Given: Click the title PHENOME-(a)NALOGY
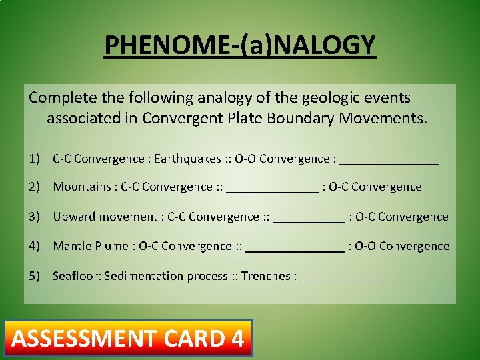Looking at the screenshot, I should (240, 45).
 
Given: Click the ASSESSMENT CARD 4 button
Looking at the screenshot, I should (128, 339).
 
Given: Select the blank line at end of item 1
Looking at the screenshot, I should (389, 160).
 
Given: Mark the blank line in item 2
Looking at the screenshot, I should (272, 188).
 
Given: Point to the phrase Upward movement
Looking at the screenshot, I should (105, 217).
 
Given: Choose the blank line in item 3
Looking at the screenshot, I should (309, 218).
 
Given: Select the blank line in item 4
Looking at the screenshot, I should (295, 247).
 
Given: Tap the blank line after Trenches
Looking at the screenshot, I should (341, 277).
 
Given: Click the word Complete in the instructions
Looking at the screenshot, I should (58, 98).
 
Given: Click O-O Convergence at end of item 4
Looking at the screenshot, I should (402, 246).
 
